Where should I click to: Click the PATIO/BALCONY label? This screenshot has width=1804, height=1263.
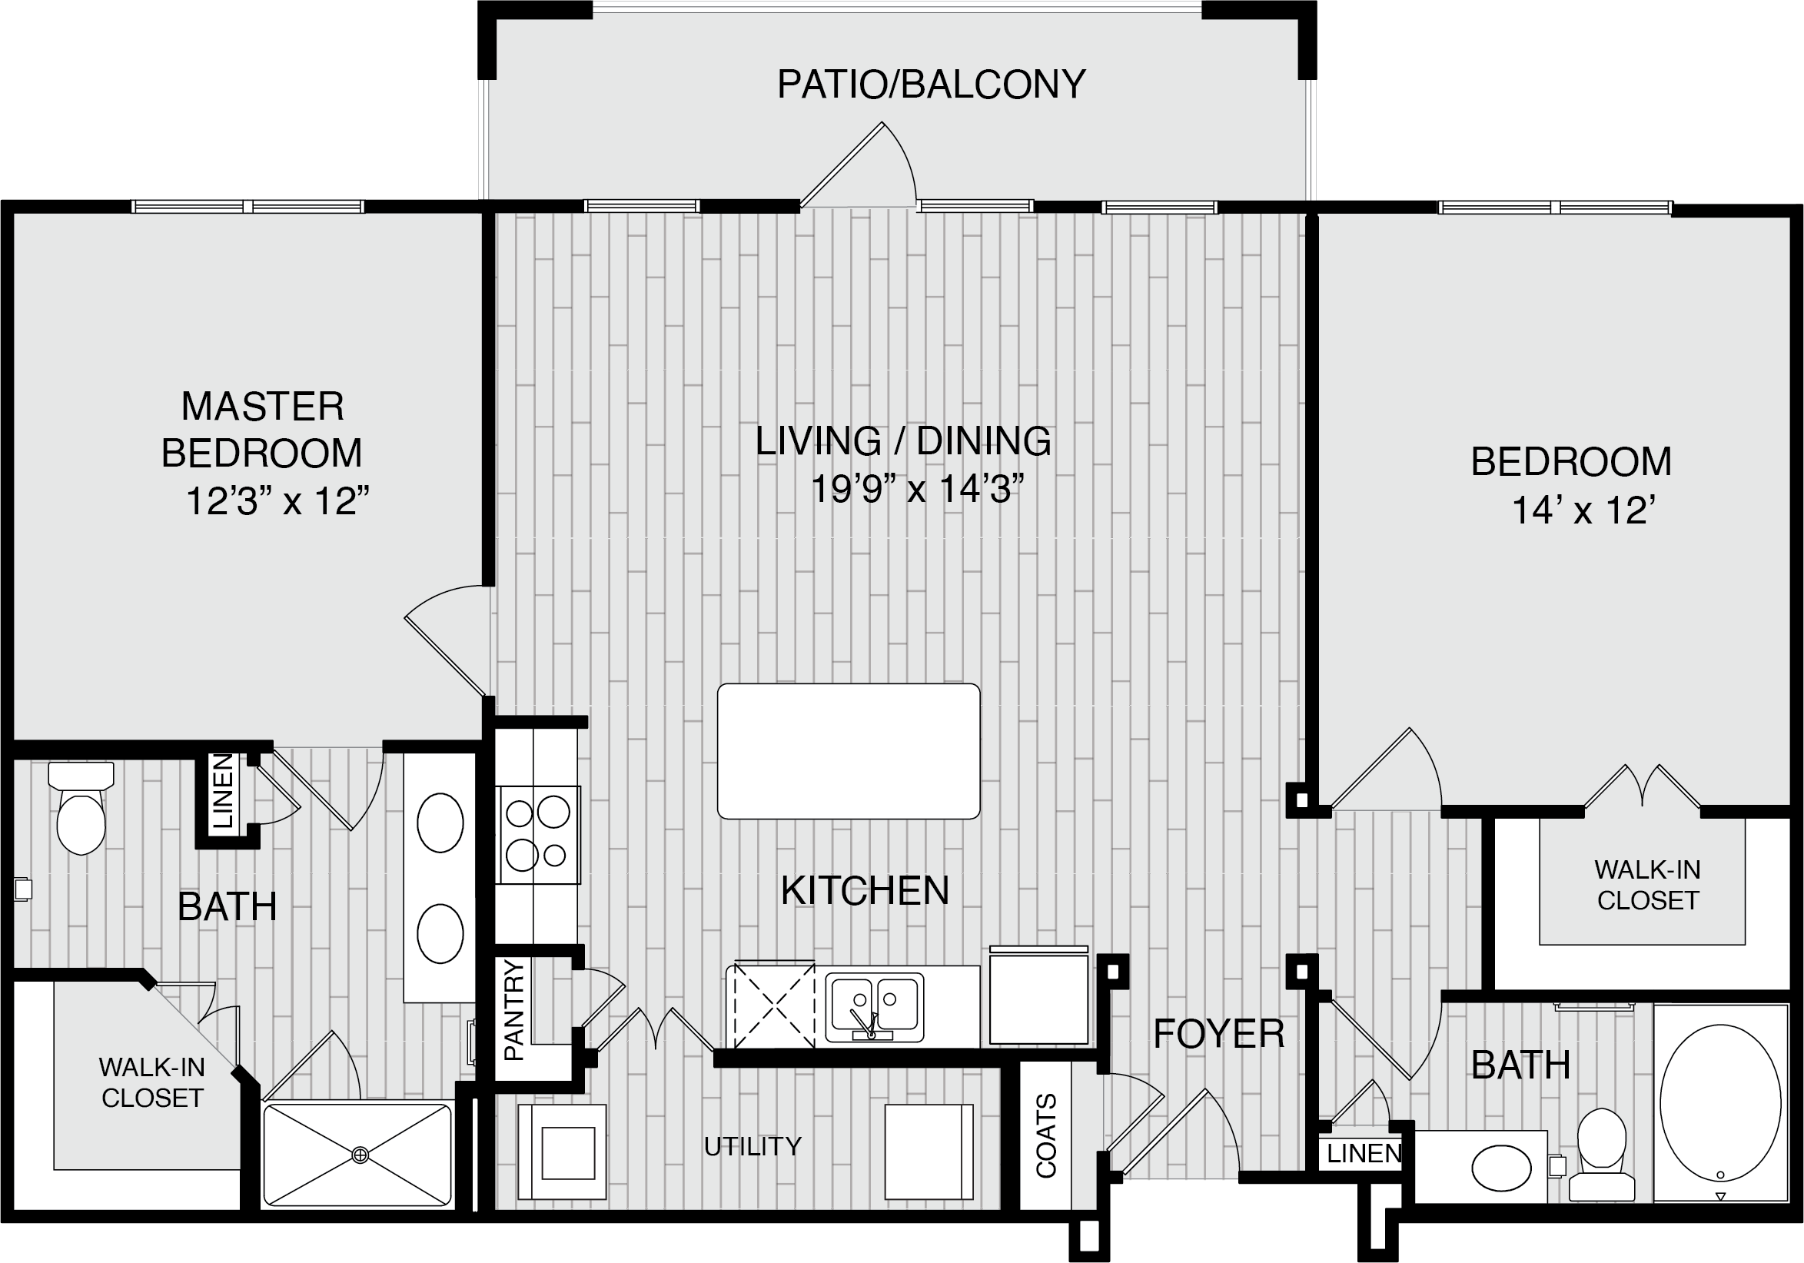pos(931,84)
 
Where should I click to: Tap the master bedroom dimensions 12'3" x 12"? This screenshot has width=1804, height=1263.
pos(277,501)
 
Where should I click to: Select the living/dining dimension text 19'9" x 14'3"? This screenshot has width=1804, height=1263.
pos(917,489)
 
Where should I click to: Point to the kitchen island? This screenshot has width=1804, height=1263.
pos(849,751)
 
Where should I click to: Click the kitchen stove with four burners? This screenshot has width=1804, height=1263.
pos(537,835)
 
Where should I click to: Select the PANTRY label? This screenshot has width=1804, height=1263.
pos(513,1010)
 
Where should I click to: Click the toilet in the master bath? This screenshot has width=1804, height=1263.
pos(81,807)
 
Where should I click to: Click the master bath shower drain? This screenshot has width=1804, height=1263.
pos(360,1155)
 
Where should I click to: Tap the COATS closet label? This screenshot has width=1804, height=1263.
pos(1046,1135)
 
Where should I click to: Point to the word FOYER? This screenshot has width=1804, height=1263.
pos(1218,1033)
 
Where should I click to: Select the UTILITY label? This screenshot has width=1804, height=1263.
pos(752,1147)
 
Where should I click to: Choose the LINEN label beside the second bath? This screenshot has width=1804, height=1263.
pos(1364,1154)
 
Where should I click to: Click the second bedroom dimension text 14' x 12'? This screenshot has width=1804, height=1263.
pos(1584,510)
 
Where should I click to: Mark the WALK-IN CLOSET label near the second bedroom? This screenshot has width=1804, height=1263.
pos(1648,885)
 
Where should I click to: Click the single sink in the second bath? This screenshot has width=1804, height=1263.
pos(1501,1168)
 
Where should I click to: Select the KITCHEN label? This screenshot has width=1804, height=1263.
pos(865,890)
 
